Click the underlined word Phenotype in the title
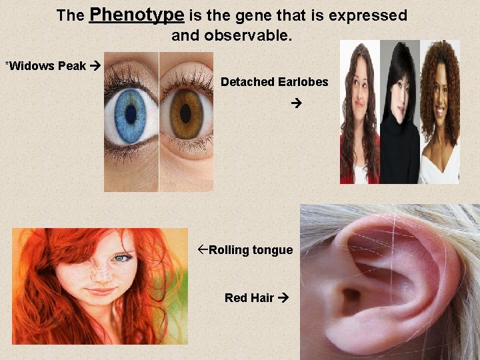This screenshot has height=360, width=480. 136,15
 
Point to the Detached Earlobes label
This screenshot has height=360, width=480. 275,82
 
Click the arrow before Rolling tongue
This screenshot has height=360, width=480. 203,250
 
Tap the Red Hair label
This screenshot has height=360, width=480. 249,297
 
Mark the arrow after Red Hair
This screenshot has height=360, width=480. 283,298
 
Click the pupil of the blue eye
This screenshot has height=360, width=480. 131,114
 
